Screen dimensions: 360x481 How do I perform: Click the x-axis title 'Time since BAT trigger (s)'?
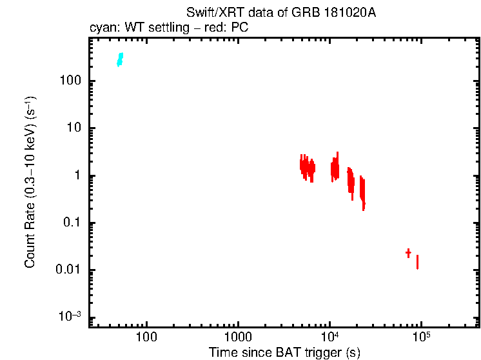point(284,352)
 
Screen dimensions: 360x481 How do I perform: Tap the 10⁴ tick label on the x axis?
point(329,335)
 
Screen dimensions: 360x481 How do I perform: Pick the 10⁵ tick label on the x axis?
point(421,335)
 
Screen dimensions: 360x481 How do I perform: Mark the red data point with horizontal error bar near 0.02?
point(408,253)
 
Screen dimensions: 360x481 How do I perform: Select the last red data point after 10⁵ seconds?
point(418,262)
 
